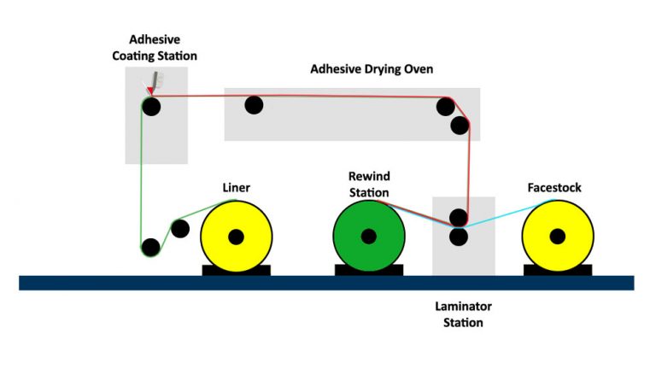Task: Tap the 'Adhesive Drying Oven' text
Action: click(x=372, y=68)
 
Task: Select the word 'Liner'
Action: click(x=236, y=188)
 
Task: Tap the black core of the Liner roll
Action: click(x=237, y=236)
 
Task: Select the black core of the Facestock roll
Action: click(x=557, y=236)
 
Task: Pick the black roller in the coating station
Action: click(x=151, y=107)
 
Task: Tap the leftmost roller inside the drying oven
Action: click(x=254, y=105)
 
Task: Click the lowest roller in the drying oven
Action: click(x=460, y=126)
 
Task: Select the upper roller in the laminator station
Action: click(x=459, y=217)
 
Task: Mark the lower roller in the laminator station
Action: click(x=459, y=236)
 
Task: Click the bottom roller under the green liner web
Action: click(x=151, y=247)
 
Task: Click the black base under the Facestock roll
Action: click(x=557, y=270)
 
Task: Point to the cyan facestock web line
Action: click(x=504, y=214)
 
